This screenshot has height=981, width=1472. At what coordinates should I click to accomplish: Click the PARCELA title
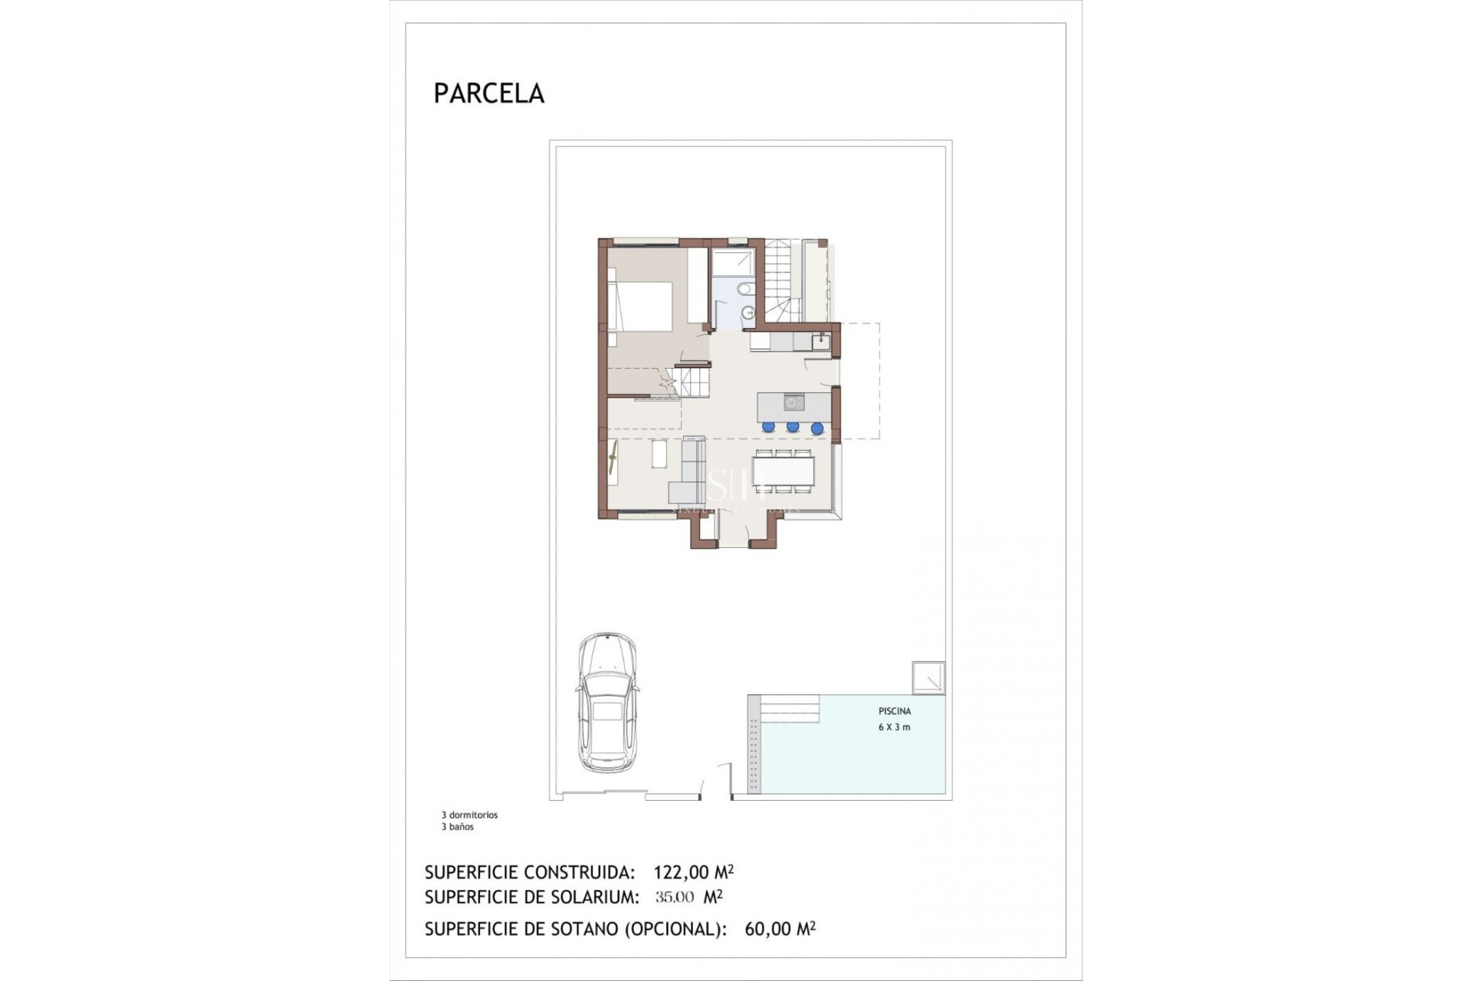[488, 94]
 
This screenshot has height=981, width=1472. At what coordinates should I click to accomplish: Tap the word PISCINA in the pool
[895, 711]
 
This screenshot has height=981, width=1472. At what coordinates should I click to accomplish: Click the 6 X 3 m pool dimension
[894, 727]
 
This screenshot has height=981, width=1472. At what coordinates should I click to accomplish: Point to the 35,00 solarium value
[675, 897]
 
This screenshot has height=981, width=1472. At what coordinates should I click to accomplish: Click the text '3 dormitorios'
[469, 815]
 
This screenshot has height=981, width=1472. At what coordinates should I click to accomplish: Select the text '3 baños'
[457, 827]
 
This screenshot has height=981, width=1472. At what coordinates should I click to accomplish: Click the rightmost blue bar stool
[817, 428]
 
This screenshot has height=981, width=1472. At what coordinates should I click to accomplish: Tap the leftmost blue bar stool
[768, 427]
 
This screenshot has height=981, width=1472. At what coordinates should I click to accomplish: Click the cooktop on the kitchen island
[793, 402]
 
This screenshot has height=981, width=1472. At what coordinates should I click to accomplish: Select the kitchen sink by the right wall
[820, 341]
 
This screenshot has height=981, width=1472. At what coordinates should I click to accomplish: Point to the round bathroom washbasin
[749, 312]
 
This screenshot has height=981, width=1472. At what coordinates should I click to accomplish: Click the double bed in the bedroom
[640, 306]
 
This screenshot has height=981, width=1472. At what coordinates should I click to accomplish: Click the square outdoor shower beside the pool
[928, 678]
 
